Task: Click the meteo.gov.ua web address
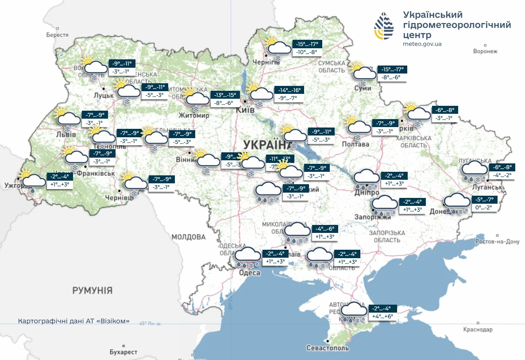422,44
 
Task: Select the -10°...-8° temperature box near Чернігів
307,52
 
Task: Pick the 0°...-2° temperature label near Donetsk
483,207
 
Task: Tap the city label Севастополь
328,348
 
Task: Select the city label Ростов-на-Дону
497,242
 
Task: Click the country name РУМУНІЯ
93,290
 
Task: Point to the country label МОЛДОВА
189,237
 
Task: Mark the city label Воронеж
485,51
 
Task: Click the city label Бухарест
124,352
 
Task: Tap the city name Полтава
355,144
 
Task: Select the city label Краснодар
478,329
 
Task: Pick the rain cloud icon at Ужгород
34,182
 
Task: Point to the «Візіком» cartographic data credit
74,321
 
